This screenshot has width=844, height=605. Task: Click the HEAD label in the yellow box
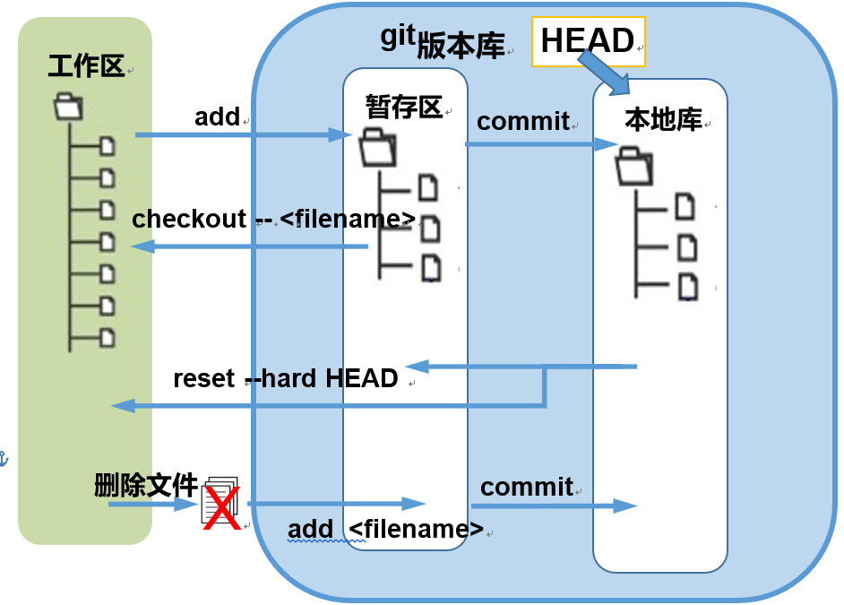(x=588, y=41)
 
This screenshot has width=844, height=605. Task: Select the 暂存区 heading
(x=404, y=107)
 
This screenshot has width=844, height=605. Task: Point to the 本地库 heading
(x=663, y=120)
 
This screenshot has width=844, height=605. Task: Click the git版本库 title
(x=443, y=41)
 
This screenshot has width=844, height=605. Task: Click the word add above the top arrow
(x=218, y=117)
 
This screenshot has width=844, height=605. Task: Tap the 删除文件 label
(x=145, y=486)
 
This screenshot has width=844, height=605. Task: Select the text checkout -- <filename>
(x=274, y=220)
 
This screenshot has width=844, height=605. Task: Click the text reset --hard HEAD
(x=286, y=378)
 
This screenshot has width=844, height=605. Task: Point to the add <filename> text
(x=385, y=529)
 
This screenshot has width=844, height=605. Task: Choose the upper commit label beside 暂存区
(x=523, y=121)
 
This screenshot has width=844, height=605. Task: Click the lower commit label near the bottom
(x=527, y=487)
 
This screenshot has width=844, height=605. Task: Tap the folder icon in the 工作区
(x=67, y=107)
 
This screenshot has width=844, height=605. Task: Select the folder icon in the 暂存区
(x=376, y=148)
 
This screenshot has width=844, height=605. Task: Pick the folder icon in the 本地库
(x=634, y=166)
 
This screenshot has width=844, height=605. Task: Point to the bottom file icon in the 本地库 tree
(x=686, y=287)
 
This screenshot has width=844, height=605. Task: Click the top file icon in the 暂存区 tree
(x=429, y=187)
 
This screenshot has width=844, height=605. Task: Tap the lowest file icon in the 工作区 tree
(x=108, y=338)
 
